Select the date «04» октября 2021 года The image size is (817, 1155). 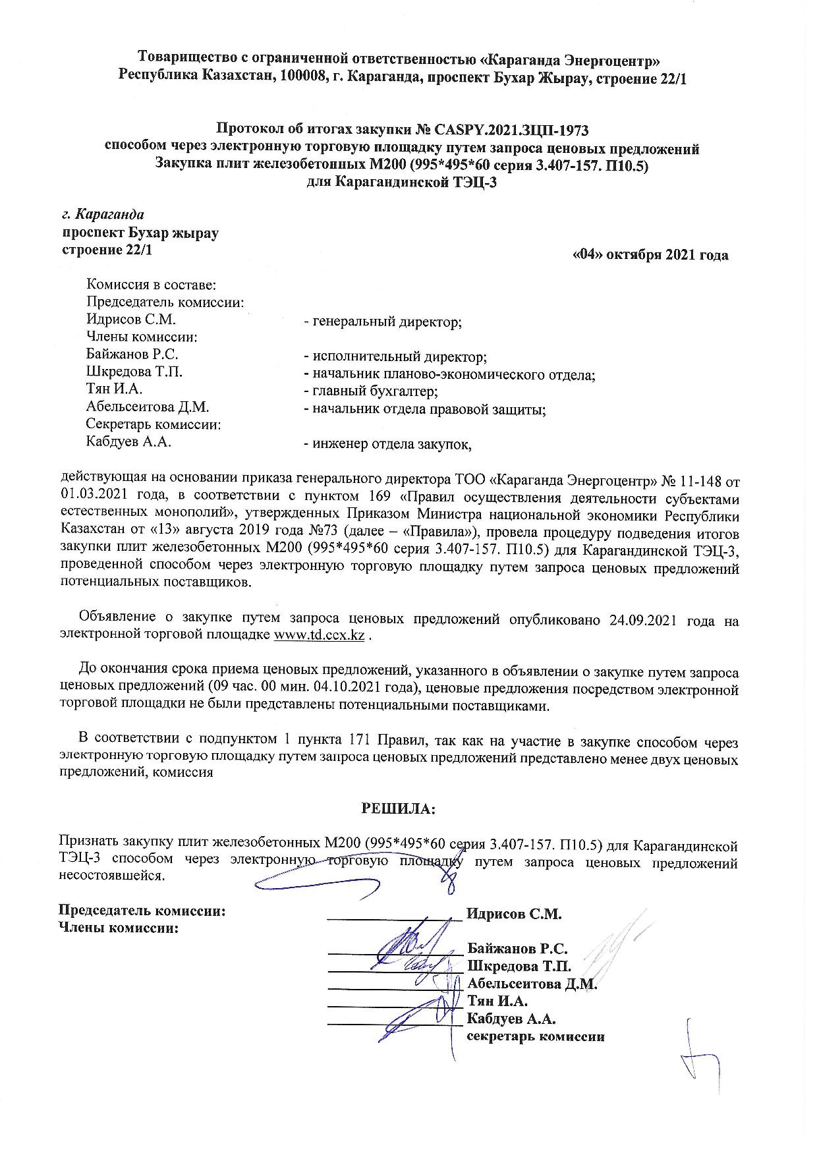pyautogui.click(x=651, y=255)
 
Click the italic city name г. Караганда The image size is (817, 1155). pyautogui.click(x=103, y=215)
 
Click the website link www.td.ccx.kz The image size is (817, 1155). pyautogui.click(x=319, y=635)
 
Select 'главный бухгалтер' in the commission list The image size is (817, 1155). pyautogui.click(x=370, y=391)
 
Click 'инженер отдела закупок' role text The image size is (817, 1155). pyautogui.click(x=387, y=444)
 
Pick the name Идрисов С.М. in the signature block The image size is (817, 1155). pyautogui.click(x=514, y=914)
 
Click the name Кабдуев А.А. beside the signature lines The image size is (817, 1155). pyautogui.click(x=512, y=1019)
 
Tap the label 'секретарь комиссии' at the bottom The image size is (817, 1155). pyautogui.click(x=536, y=1036)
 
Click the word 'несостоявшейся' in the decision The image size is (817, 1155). pyautogui.click(x=111, y=876)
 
